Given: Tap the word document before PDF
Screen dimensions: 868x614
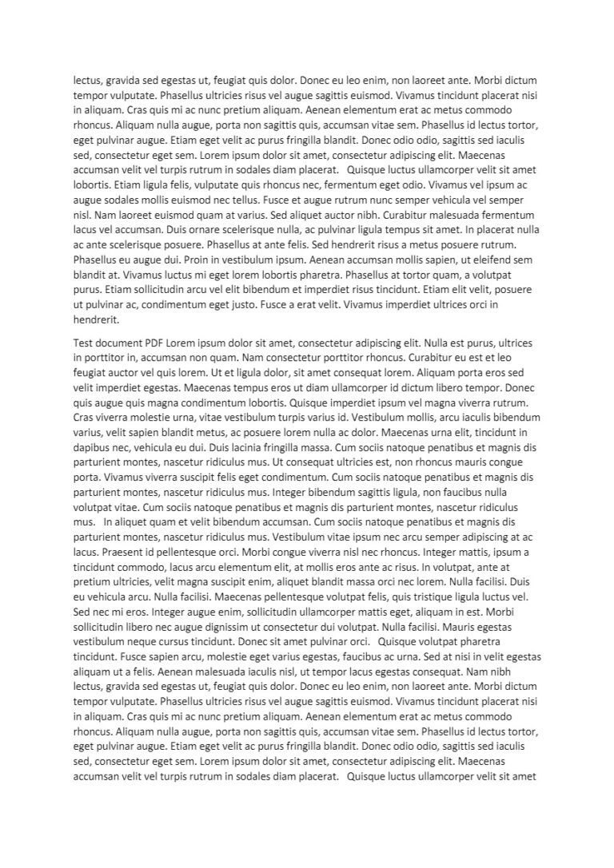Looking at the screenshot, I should point(119,343).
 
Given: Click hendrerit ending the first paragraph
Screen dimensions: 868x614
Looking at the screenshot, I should point(96,319).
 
